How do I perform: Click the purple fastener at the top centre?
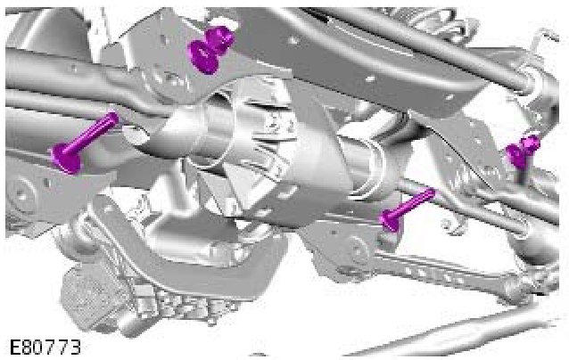click(x=211, y=50)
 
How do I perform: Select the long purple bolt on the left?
click(x=84, y=143)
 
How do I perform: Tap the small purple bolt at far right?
click(x=523, y=151)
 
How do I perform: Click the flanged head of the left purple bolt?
click(x=66, y=158)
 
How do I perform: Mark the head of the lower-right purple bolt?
click(x=389, y=221)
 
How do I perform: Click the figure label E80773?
click(x=45, y=348)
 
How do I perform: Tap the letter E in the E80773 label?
click(x=15, y=348)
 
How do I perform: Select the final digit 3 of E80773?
click(x=74, y=348)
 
